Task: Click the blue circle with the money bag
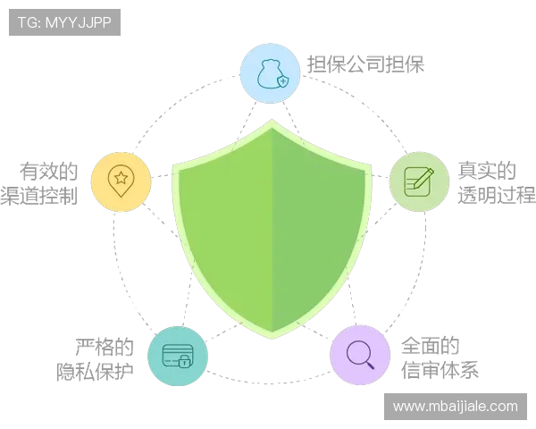pyautogui.click(x=270, y=73)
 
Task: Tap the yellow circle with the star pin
pyautogui.click(x=121, y=182)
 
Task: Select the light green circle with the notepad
pyautogui.click(x=419, y=181)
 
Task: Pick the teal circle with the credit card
pyautogui.click(x=178, y=356)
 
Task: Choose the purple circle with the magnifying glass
pyautogui.click(x=360, y=355)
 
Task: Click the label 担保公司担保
pyautogui.click(x=365, y=64)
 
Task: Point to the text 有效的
pyautogui.click(x=48, y=171)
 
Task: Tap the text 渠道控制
pyautogui.click(x=39, y=196)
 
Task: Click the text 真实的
pyautogui.click(x=487, y=171)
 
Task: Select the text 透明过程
pyautogui.click(x=497, y=195)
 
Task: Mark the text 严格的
pyautogui.click(x=105, y=347)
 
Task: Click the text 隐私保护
pyautogui.click(x=95, y=372)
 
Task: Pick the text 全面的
pyautogui.click(x=430, y=345)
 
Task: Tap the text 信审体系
pyautogui.click(x=440, y=370)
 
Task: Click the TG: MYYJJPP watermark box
pyautogui.click(x=64, y=22)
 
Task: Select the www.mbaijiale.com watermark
pyautogui.click(x=456, y=407)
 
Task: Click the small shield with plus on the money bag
pyautogui.click(x=282, y=81)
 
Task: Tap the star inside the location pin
pyautogui.click(x=121, y=178)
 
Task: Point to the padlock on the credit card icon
pyautogui.click(x=184, y=361)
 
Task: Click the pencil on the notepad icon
pyautogui.click(x=423, y=178)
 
